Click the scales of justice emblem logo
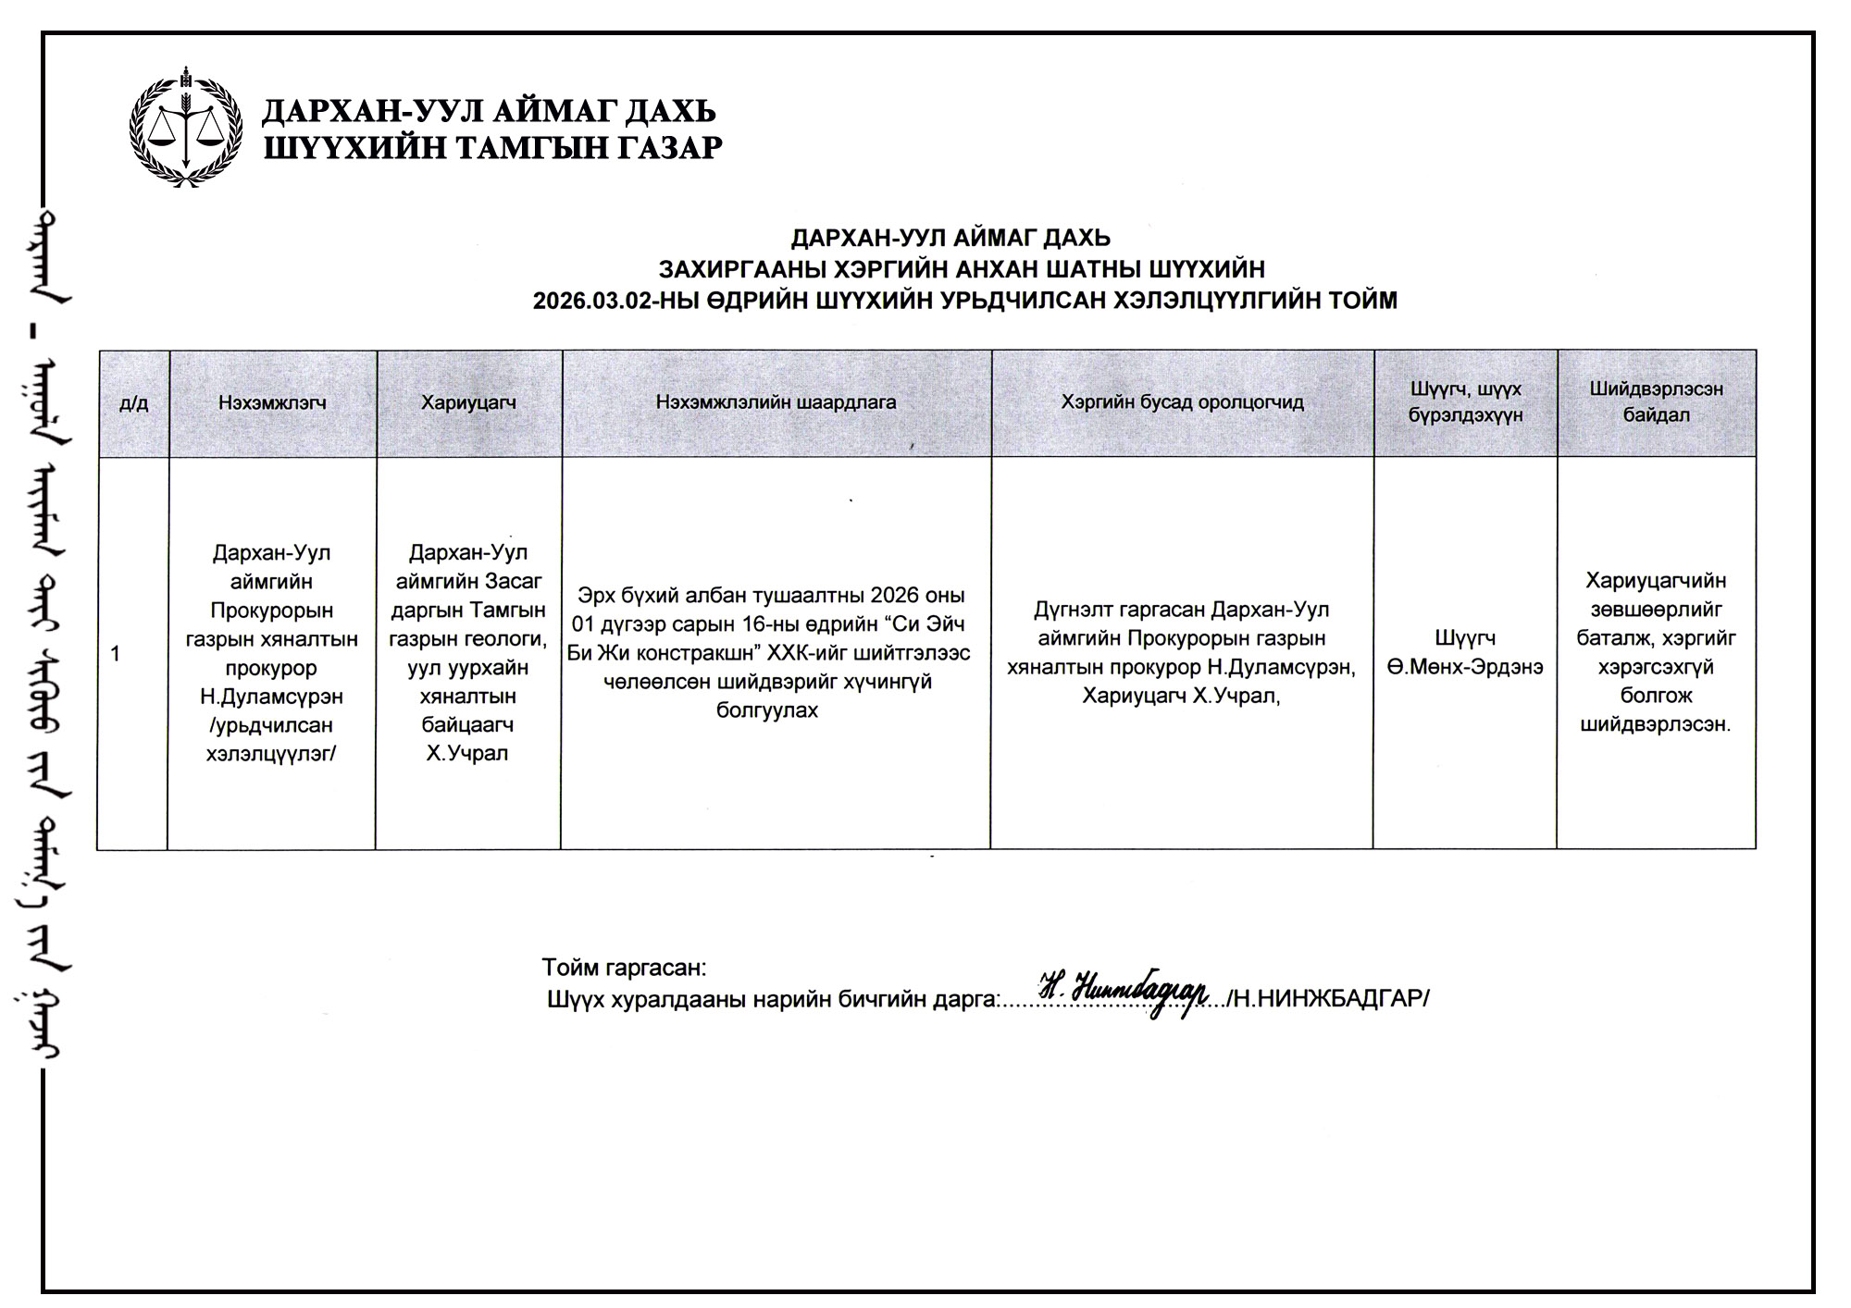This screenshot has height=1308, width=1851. pyautogui.click(x=186, y=128)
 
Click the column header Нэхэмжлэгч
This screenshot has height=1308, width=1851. pyautogui.click(x=272, y=402)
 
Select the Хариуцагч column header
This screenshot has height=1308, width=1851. pyautogui.click(x=468, y=402)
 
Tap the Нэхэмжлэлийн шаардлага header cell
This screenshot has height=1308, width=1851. pyautogui.click(x=776, y=402)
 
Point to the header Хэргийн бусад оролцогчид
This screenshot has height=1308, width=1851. pyautogui.click(x=1182, y=402)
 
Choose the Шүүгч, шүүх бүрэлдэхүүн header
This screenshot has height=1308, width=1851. pyautogui.click(x=1465, y=402)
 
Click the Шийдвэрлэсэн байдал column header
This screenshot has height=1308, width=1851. pyautogui.click(x=1656, y=402)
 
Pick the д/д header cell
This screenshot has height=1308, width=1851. pyautogui.click(x=133, y=403)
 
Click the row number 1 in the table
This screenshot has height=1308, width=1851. pyautogui.click(x=116, y=654)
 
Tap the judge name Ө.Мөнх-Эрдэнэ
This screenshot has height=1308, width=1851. pyautogui.click(x=1465, y=667)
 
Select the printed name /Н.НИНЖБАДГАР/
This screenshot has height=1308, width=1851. pyautogui.click(x=1329, y=999)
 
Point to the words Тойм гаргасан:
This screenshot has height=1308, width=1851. pyautogui.click(x=624, y=968)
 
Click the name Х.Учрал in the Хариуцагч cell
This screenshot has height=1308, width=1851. pyautogui.click(x=467, y=753)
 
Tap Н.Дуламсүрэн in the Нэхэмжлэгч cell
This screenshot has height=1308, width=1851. pyautogui.click(x=271, y=696)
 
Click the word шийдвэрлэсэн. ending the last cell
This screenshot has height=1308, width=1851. pyautogui.click(x=1656, y=724)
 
